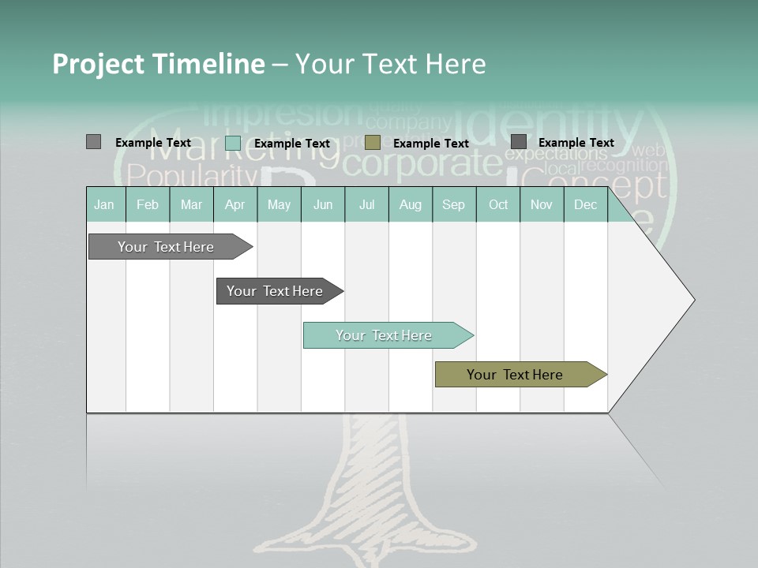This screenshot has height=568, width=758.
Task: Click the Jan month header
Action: click(105, 205)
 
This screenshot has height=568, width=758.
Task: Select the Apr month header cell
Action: click(235, 205)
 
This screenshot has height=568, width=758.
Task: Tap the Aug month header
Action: click(411, 205)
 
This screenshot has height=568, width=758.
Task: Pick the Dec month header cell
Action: click(586, 205)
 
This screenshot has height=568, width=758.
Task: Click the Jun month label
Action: click(323, 205)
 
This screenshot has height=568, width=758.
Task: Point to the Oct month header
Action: click(498, 205)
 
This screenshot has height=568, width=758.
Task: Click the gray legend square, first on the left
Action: click(93, 142)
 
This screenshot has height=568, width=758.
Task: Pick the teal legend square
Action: click(233, 143)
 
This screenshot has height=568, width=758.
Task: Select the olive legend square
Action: click(373, 143)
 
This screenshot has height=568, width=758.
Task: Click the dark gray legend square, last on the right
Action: click(519, 142)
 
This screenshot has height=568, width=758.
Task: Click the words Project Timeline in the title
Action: click(159, 64)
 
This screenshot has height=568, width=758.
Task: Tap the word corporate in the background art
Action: click(423, 164)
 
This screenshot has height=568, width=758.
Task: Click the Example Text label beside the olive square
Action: click(431, 144)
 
